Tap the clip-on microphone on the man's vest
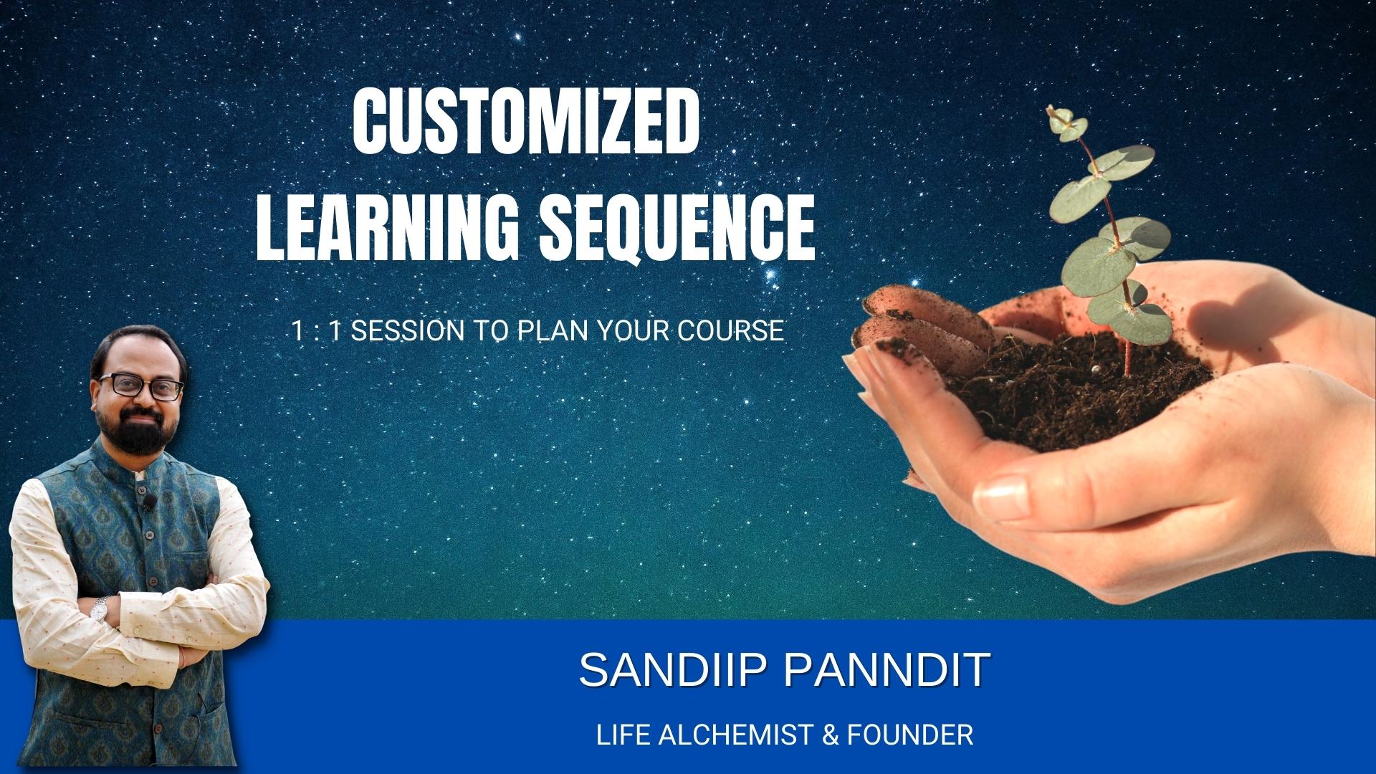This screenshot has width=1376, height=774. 148,500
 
